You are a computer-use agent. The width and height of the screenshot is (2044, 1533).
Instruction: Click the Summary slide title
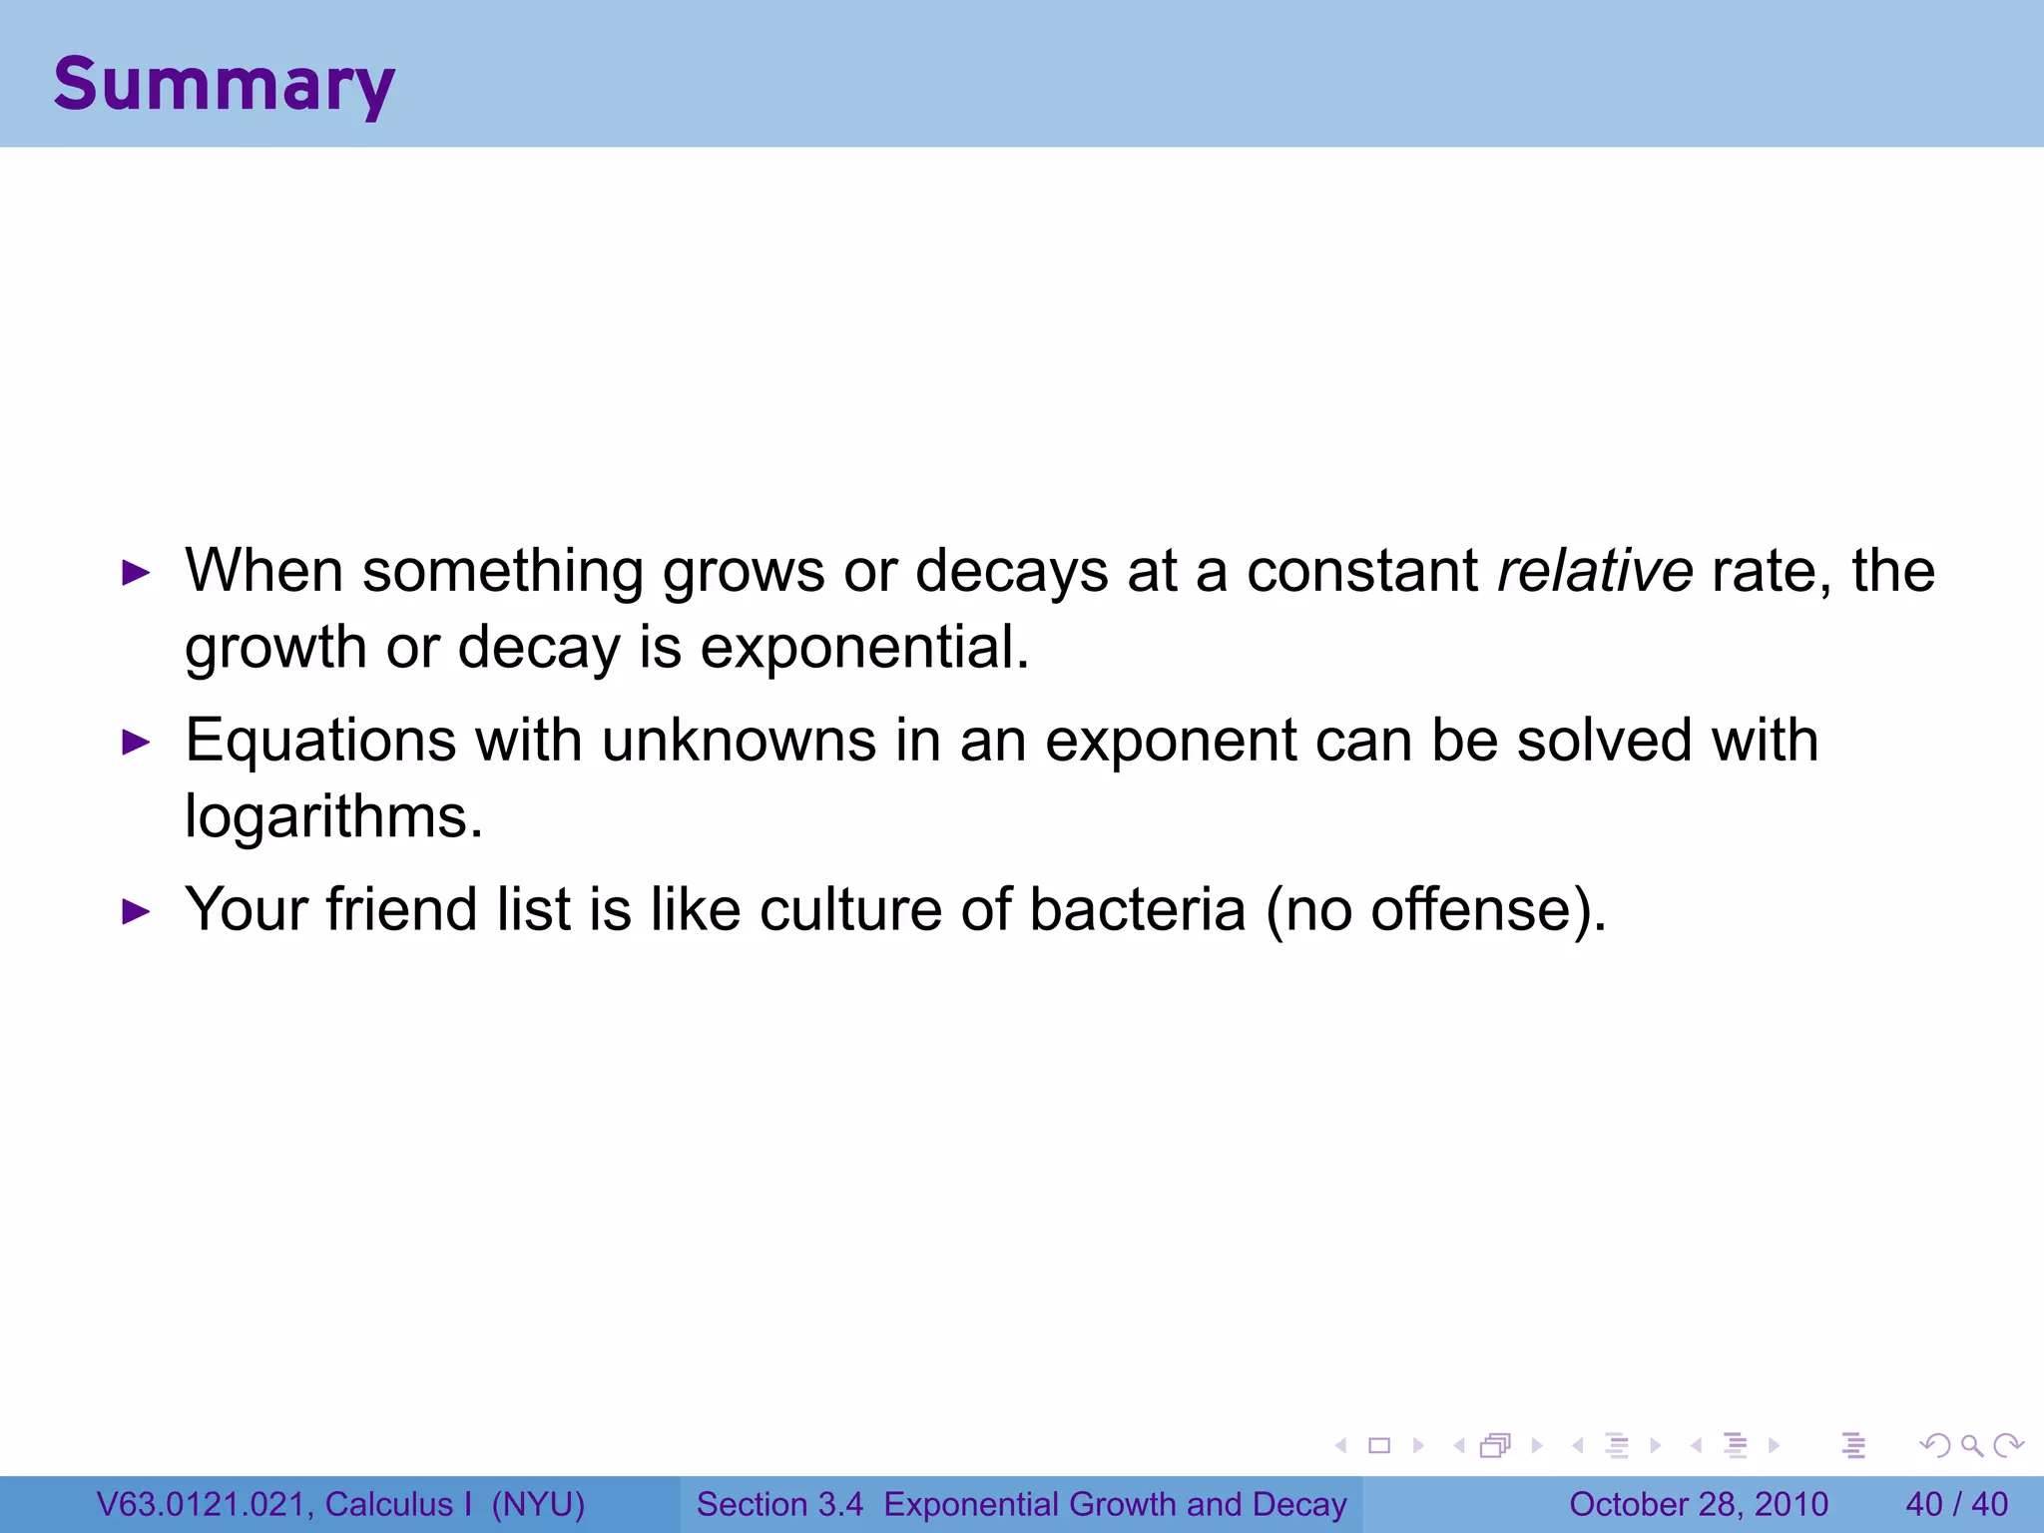click(224, 84)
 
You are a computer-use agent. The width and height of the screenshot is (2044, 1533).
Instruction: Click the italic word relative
click(1595, 572)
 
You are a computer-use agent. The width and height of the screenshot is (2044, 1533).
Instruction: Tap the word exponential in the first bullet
click(863, 648)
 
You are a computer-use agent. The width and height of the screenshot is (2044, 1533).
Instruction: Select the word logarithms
click(333, 817)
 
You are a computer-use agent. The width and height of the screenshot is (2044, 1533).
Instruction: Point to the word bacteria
click(1137, 910)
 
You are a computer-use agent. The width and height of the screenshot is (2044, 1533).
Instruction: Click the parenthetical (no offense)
click(1436, 910)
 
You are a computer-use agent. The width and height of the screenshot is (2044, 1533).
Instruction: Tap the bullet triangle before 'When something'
click(135, 573)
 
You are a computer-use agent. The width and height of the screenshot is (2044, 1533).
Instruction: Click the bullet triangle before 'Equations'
click(135, 743)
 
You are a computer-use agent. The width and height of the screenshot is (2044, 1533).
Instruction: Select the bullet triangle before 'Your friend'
click(135, 911)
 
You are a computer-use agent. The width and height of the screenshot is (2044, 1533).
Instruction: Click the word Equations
click(320, 742)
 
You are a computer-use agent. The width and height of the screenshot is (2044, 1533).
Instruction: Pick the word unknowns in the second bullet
click(739, 742)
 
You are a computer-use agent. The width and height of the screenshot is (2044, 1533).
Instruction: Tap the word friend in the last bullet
click(401, 910)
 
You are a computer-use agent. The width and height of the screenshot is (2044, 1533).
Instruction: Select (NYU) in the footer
click(538, 1504)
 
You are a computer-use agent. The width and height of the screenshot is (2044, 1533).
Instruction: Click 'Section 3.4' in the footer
click(779, 1504)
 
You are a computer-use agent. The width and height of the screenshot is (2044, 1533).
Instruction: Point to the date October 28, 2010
click(1698, 1504)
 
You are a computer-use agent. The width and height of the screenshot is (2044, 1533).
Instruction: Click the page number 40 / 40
click(1956, 1504)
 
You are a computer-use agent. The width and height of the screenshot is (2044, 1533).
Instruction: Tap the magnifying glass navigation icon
click(1971, 1445)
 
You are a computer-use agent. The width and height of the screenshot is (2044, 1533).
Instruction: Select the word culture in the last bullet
click(850, 910)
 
